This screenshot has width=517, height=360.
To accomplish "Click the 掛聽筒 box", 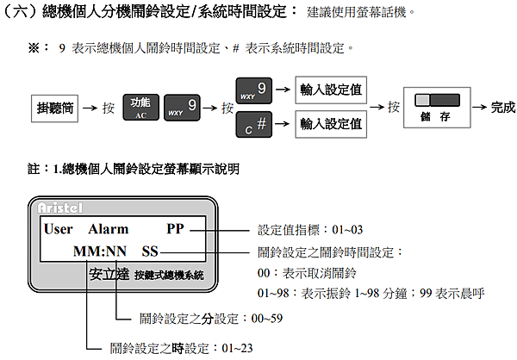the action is [x=55, y=109].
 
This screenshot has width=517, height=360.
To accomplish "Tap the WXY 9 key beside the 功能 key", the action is [x=182, y=108].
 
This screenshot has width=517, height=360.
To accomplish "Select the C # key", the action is [x=254, y=124].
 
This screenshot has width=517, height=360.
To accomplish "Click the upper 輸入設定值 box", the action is [x=331, y=90].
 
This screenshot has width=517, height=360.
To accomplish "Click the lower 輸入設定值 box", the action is [x=331, y=124].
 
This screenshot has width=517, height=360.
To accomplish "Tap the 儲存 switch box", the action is [x=437, y=108].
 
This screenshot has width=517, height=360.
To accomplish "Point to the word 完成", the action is [x=503, y=108].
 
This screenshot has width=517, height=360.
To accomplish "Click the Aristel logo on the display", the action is [x=59, y=208].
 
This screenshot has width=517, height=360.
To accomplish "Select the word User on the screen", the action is [x=59, y=229].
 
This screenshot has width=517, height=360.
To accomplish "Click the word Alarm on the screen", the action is [x=109, y=229].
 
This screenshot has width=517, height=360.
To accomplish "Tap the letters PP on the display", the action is [x=176, y=229].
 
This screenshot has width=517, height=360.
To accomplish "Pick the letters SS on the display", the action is [x=150, y=251].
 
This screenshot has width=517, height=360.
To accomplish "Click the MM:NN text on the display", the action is [x=100, y=251].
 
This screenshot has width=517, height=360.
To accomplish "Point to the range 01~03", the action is [x=347, y=230].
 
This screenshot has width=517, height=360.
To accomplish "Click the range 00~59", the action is [x=267, y=319].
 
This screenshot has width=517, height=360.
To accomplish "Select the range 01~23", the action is [x=238, y=348].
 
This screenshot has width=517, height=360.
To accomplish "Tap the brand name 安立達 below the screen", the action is [x=109, y=274].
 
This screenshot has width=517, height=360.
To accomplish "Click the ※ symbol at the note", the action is [x=34, y=48].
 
